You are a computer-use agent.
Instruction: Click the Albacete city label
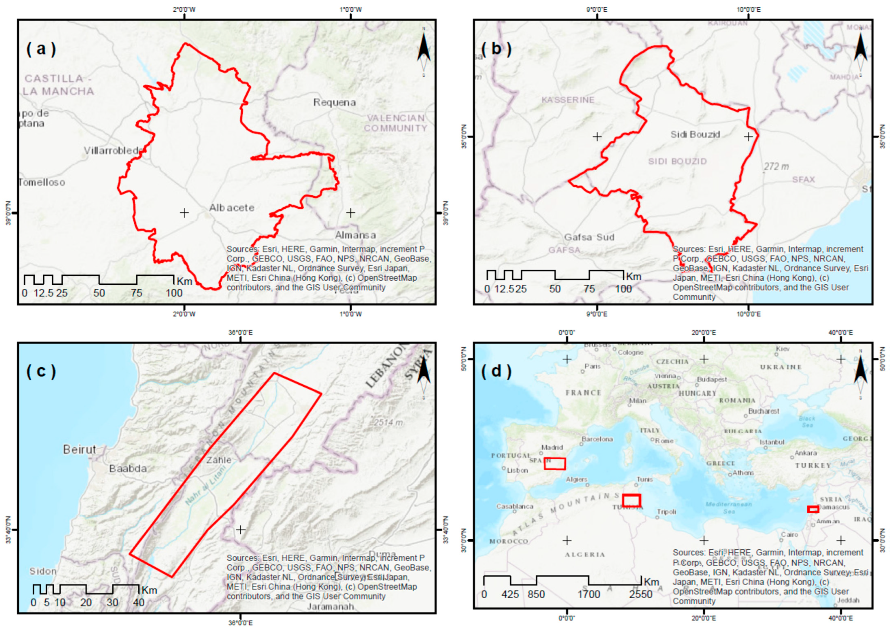[232, 208]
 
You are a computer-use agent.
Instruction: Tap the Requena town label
[335, 103]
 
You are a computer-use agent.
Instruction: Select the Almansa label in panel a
[355, 235]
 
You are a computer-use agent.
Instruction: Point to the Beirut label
[80, 450]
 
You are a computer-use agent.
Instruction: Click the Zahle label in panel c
[219, 460]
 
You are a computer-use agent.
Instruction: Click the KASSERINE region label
[568, 100]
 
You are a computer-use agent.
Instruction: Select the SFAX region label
[803, 180]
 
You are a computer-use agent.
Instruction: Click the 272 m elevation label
[776, 166]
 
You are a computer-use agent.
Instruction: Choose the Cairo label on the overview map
[789, 535]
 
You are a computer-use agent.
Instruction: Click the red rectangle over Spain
[554, 463]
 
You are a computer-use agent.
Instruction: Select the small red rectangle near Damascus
[813, 509]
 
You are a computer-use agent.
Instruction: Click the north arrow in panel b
[860, 53]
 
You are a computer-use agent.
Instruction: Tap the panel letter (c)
[41, 371]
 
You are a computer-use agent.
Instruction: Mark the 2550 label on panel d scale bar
[641, 595]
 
